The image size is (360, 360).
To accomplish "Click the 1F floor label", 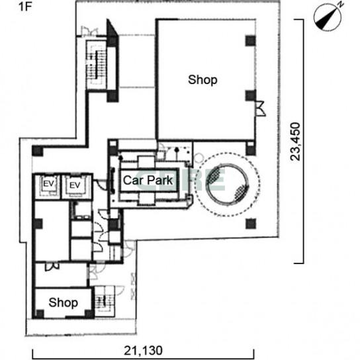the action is point(24,7).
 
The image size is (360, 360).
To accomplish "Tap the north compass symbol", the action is point(328,17).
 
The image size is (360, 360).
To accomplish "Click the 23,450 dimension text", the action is point(295,142).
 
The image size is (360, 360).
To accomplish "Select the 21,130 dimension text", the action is point(143,351).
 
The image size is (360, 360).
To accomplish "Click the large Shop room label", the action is point(202,79).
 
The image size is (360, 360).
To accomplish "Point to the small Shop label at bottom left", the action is point(63,302).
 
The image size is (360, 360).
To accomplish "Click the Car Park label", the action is point(148,180).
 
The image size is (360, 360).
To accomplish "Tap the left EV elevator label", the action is point(48,184).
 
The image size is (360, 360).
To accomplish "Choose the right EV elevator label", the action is point(75,185).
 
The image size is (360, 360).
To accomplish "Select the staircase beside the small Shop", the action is point(105,302).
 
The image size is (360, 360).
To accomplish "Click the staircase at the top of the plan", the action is point(97,66).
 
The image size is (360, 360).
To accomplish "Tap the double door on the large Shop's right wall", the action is point(261,108).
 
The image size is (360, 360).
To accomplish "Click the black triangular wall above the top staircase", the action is point(112,28).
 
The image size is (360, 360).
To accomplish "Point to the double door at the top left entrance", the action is point(90,31).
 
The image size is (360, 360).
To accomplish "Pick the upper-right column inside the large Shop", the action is point(251,41).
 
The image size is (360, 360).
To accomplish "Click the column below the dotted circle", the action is point(251,224).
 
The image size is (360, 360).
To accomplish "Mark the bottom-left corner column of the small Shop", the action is point(40,314).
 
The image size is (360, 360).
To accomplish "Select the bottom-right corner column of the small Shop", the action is point(89,314).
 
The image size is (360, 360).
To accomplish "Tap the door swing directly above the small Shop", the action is point(52,267).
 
